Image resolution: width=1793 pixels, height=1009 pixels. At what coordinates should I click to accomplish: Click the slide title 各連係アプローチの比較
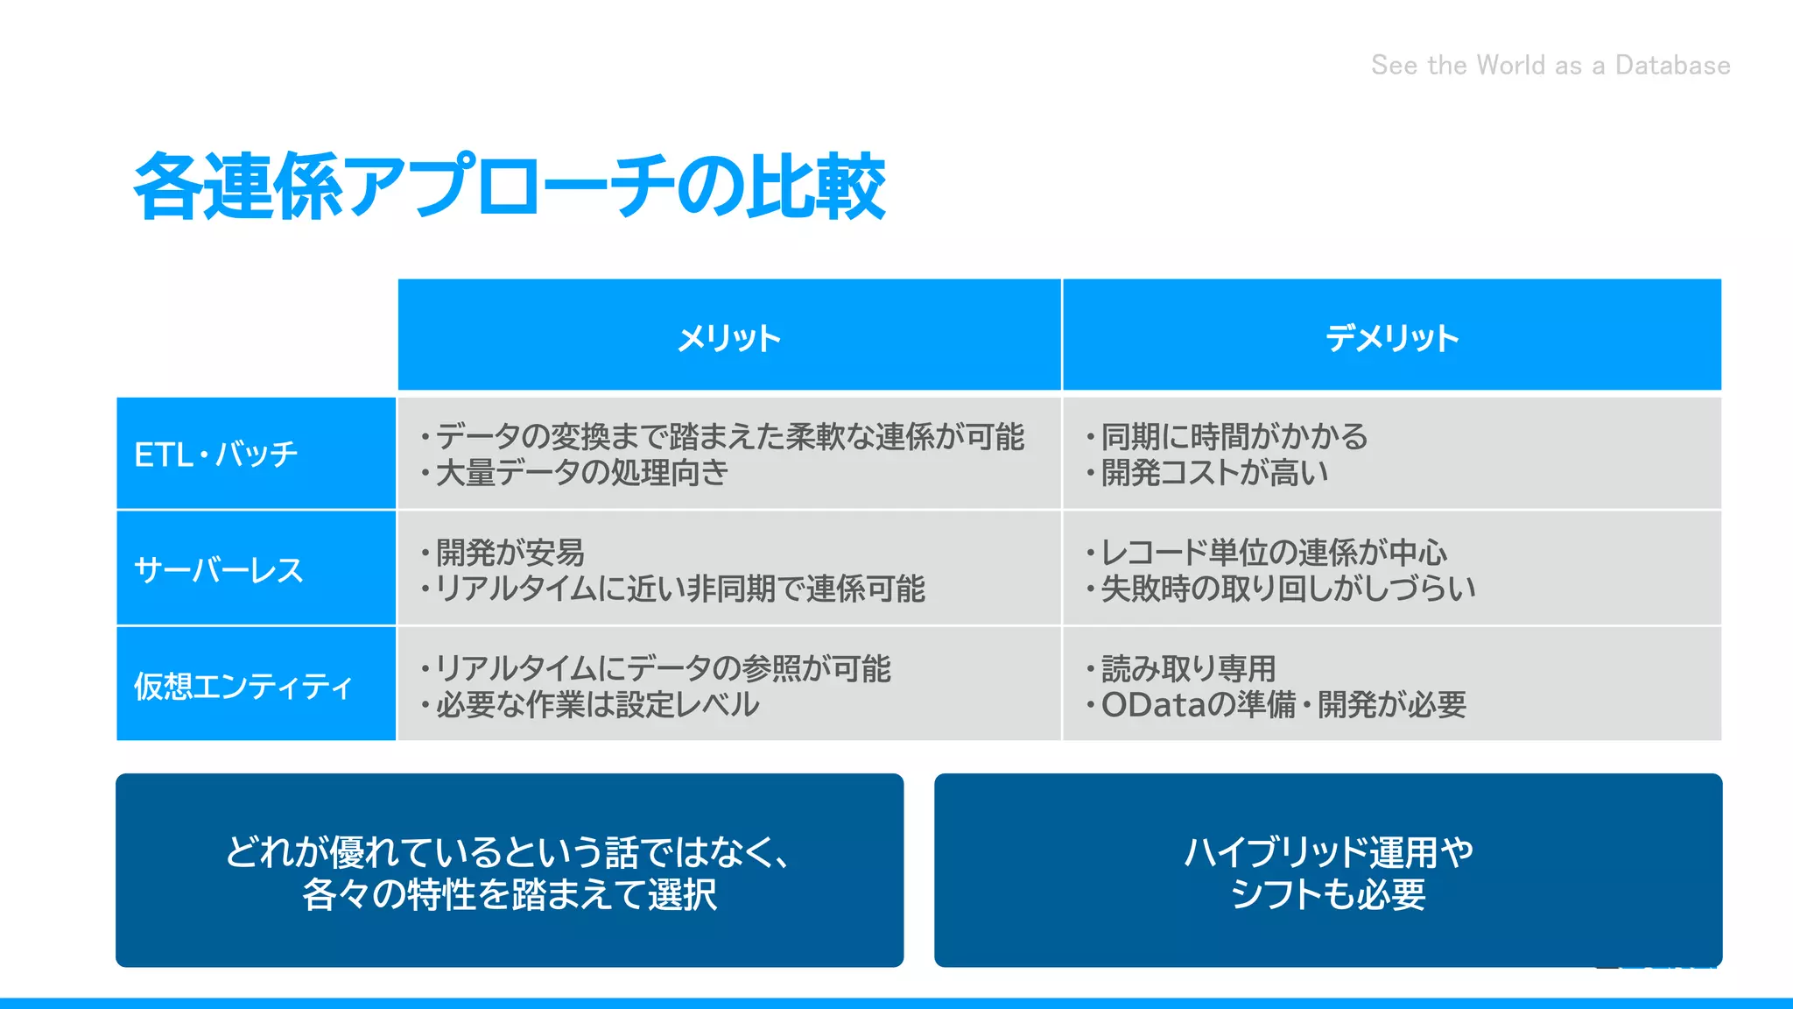(x=509, y=187)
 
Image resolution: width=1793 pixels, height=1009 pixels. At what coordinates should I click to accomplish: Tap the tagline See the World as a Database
(x=1550, y=66)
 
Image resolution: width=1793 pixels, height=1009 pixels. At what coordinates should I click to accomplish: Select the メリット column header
(x=728, y=337)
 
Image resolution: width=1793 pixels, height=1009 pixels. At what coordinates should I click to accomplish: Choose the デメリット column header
(x=1391, y=337)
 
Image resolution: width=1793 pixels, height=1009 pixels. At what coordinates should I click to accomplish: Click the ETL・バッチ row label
(x=216, y=455)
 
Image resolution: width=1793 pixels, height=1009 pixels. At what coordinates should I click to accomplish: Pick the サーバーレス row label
(x=219, y=570)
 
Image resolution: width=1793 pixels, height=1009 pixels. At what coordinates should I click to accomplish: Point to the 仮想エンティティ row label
(x=243, y=686)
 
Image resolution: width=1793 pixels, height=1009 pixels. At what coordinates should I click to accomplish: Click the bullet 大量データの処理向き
(x=581, y=473)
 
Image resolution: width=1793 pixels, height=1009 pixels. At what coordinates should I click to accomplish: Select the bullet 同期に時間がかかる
(x=1234, y=436)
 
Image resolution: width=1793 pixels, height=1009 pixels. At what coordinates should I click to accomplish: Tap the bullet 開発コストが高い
(x=1214, y=473)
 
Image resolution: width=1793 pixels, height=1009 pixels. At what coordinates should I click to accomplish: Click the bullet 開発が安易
(x=510, y=553)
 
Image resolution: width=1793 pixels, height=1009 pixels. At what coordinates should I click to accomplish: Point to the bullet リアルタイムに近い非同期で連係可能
(x=679, y=589)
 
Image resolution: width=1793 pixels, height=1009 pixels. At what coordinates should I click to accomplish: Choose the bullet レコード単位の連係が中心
(x=1273, y=553)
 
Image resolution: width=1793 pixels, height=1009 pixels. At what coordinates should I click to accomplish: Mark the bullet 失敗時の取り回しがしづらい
(x=1288, y=589)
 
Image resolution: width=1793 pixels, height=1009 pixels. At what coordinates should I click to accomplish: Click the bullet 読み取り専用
(x=1188, y=669)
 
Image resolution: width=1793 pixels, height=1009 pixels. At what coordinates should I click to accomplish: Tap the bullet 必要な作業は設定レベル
(x=597, y=705)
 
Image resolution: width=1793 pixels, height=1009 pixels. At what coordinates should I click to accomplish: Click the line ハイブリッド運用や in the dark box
(x=1328, y=852)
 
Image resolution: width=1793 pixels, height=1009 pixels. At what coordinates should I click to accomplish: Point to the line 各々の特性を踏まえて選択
(x=510, y=894)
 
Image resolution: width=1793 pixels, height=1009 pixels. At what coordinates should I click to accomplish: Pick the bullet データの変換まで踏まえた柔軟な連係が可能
(x=729, y=436)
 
